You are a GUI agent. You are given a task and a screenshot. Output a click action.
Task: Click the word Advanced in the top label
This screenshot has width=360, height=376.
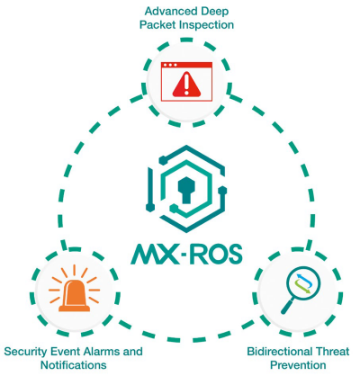165,11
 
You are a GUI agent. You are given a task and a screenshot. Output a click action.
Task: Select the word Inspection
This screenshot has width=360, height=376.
206,24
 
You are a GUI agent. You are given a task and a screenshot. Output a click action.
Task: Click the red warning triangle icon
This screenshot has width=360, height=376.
186,85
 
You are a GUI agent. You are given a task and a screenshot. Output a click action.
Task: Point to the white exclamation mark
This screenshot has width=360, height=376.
186,85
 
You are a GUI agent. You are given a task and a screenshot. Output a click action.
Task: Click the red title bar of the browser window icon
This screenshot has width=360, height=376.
186,65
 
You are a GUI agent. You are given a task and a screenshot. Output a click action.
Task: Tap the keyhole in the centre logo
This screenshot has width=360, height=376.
186,190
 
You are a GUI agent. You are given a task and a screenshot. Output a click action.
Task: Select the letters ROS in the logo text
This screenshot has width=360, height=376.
216,254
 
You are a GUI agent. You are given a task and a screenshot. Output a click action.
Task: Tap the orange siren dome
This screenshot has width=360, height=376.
74,293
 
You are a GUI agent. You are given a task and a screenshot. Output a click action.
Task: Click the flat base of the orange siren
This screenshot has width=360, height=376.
74,309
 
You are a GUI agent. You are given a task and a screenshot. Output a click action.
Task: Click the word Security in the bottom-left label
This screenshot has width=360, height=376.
25,352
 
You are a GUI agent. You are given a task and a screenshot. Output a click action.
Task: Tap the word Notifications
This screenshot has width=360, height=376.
74,365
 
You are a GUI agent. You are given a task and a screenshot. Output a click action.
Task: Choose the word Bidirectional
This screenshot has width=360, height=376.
280,352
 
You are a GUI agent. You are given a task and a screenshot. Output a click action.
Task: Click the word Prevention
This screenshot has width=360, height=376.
298,365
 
